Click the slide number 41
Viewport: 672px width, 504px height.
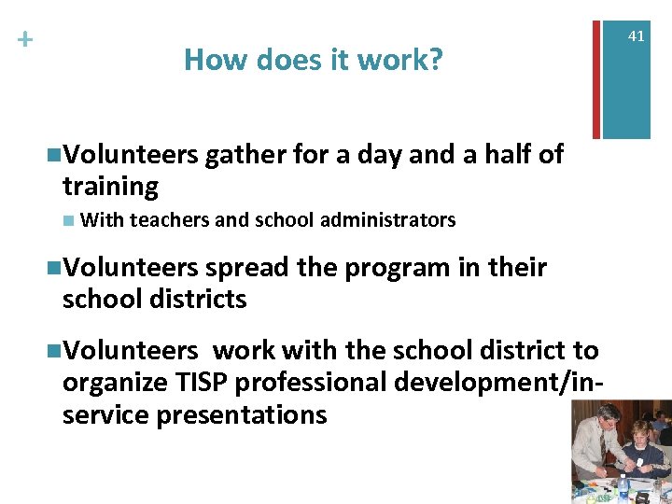coord(637,36)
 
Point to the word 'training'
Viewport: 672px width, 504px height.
coord(110,187)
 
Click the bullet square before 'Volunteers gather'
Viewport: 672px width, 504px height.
coord(52,155)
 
